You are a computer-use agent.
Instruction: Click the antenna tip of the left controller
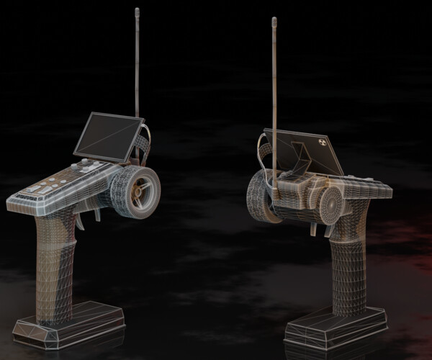pos(137,11)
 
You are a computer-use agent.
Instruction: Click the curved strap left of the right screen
pos(262,151)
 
